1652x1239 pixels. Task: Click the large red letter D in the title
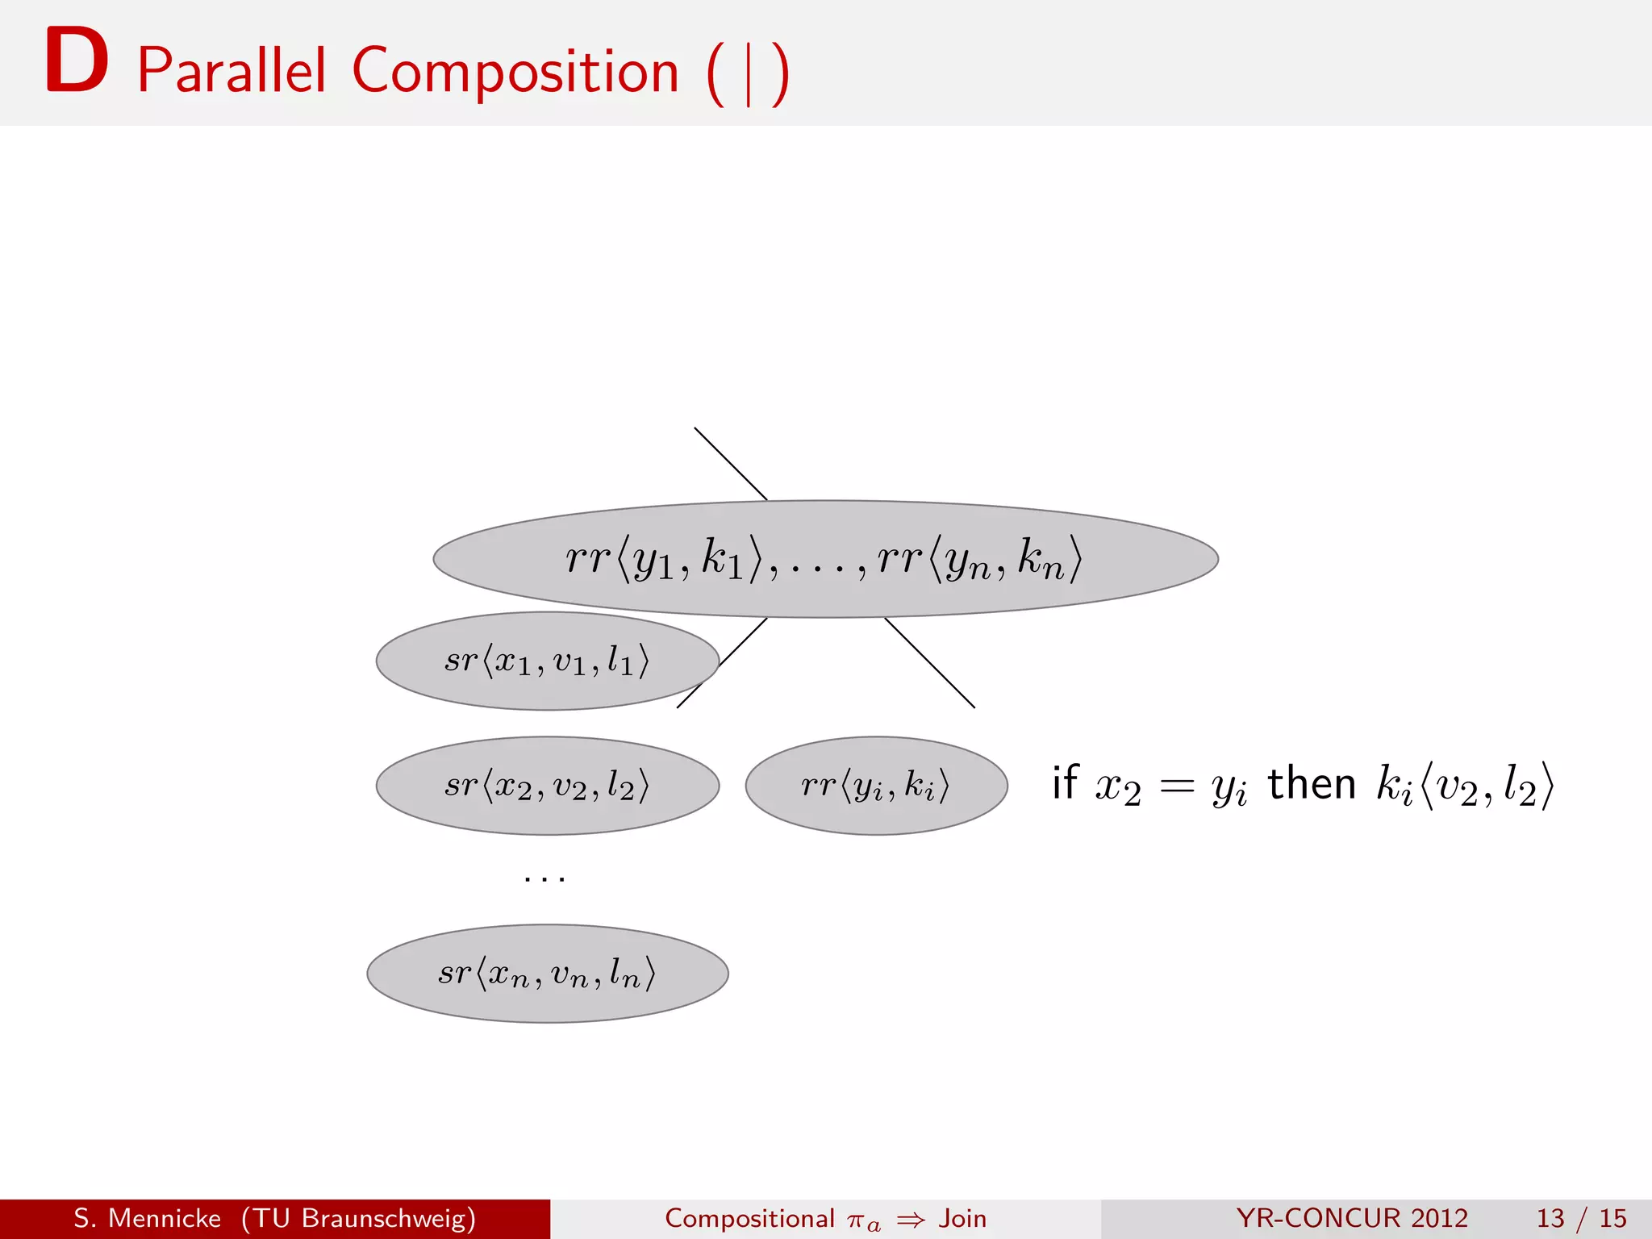pos(77,60)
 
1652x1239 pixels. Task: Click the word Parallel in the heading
pos(232,71)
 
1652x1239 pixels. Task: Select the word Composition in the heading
pos(515,71)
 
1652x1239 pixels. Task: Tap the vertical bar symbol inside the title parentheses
pos(749,74)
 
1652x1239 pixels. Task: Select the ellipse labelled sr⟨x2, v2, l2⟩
pos(547,785)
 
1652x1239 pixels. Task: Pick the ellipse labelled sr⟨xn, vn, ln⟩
pos(547,974)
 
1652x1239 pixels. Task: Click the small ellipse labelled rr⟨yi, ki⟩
pos(876,785)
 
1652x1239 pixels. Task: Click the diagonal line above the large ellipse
pos(730,464)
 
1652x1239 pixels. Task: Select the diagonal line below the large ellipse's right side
pos(930,663)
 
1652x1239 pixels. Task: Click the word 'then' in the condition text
pos(1311,784)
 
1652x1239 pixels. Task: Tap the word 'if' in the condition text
pos(1065,782)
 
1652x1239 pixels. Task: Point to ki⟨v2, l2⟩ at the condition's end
pos(1464,785)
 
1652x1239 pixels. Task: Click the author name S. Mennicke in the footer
pos(147,1218)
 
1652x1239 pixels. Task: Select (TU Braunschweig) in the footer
pos(358,1218)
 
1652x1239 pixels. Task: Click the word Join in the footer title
pos(962,1218)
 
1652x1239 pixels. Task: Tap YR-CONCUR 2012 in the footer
pos(1352,1218)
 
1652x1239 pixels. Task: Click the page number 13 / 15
pos(1581,1218)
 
